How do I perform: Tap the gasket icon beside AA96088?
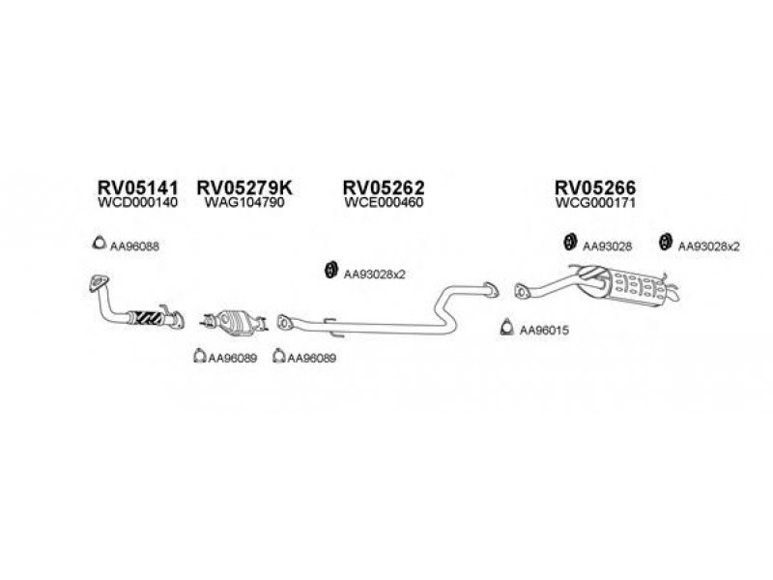click(98, 244)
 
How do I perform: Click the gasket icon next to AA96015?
click(506, 331)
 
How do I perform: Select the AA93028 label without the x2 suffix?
click(608, 246)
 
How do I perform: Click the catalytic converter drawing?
click(233, 318)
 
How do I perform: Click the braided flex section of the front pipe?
click(149, 315)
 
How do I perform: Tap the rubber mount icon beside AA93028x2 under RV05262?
click(329, 270)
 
